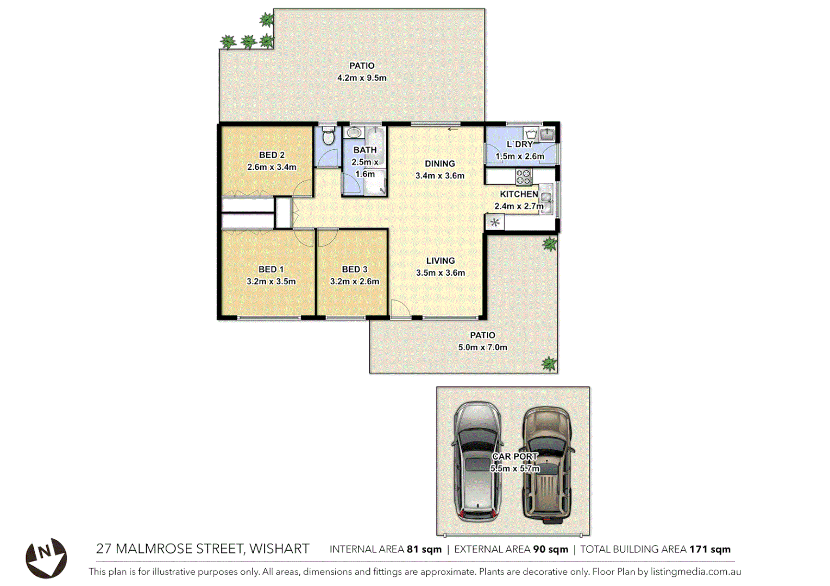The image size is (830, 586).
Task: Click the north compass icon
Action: (x=46, y=557)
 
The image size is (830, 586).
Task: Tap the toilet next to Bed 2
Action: (x=328, y=137)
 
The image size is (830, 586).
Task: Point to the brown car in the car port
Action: (x=546, y=464)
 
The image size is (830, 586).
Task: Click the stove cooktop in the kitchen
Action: (x=524, y=176)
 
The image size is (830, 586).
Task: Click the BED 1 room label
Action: (x=271, y=269)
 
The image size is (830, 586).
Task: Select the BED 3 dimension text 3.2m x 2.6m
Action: (x=354, y=281)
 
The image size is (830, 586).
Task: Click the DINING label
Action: (x=439, y=163)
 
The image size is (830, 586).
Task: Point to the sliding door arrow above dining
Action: (x=452, y=129)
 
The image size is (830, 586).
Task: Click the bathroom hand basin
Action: (x=354, y=132)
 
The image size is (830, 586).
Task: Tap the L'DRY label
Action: (x=519, y=144)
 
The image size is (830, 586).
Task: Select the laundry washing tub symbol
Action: (x=531, y=134)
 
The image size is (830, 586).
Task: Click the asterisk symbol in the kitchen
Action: (x=494, y=222)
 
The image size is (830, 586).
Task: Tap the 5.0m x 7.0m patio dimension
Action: (x=482, y=347)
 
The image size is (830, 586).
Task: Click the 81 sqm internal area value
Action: (x=424, y=549)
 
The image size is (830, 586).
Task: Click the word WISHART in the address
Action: (x=279, y=549)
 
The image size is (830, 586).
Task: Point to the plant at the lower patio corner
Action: (x=549, y=363)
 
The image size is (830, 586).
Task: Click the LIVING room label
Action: (x=440, y=260)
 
